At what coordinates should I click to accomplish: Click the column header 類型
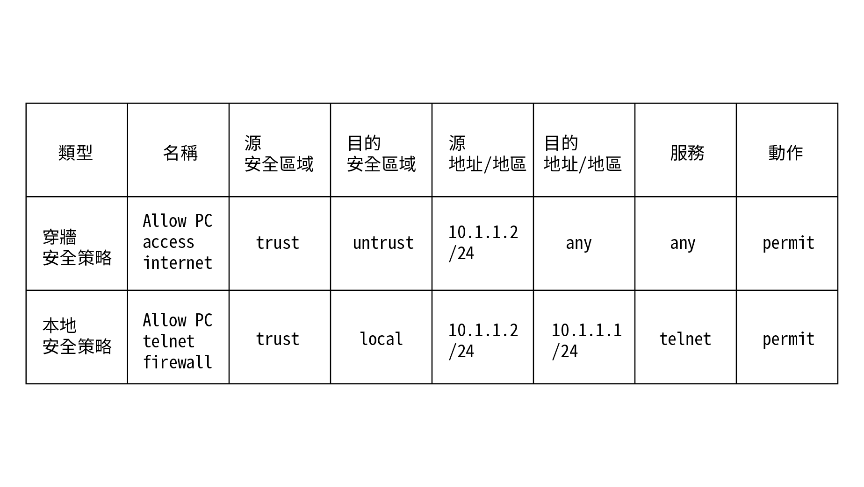(x=76, y=153)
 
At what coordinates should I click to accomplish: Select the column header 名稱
(x=180, y=153)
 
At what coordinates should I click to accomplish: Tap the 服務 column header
(x=687, y=153)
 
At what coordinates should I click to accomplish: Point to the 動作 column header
(x=785, y=153)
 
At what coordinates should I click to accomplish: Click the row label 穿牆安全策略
(x=77, y=247)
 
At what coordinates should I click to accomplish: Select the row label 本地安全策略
(x=77, y=336)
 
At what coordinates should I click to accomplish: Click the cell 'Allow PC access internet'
(x=178, y=242)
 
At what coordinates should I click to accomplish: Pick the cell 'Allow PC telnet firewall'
(x=178, y=341)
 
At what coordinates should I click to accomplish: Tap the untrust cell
(x=383, y=243)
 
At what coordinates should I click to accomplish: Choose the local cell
(x=381, y=339)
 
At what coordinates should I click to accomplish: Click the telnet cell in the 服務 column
(x=685, y=339)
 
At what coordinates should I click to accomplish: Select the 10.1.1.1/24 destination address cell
(x=587, y=341)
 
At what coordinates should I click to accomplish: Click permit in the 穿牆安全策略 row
(x=788, y=243)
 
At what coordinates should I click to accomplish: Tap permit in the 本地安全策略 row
(x=788, y=339)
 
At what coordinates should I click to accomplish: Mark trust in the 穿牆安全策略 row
(x=278, y=243)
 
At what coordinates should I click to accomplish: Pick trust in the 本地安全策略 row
(x=278, y=339)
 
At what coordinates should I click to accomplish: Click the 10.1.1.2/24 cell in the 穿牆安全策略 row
(x=483, y=243)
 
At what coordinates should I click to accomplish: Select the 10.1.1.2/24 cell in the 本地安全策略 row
(x=483, y=341)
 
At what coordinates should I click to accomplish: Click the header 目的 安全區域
(x=382, y=153)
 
